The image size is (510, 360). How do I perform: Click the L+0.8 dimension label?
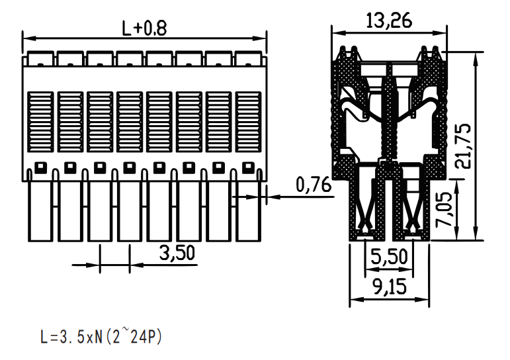pyautogui.click(x=144, y=28)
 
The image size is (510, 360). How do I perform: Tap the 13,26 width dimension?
pyautogui.click(x=389, y=21)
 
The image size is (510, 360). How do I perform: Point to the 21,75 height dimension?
pyautogui.click(x=462, y=146)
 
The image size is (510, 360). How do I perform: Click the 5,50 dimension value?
pyautogui.click(x=389, y=256)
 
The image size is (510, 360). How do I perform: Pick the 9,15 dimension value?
pyautogui.click(x=390, y=287)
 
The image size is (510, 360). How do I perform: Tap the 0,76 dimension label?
pyautogui.click(x=314, y=185)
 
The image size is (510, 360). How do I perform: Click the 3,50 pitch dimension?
pyautogui.click(x=177, y=253)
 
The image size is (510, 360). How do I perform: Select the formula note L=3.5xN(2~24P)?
pyautogui.click(x=101, y=337)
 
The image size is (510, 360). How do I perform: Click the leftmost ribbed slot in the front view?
pyautogui.click(x=40, y=122)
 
